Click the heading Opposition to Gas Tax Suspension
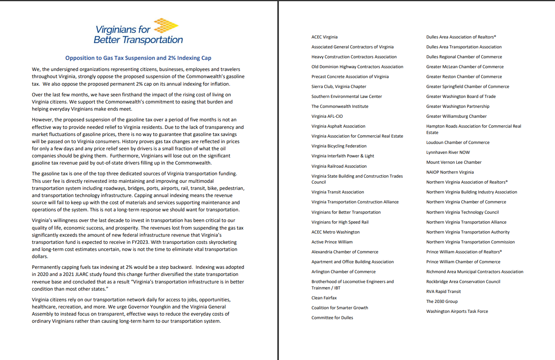[x=138, y=58]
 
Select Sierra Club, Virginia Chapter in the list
[x=338, y=86]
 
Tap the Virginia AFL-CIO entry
[x=327, y=116]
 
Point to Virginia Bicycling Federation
[x=339, y=146]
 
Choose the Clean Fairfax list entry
[x=324, y=298]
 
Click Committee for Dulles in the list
[x=332, y=318]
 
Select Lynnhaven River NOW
[x=447, y=152]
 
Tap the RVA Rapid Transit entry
[x=443, y=291]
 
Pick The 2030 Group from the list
[x=442, y=301]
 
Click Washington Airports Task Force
[x=457, y=311]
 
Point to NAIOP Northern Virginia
[x=450, y=172]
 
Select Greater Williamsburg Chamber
[x=456, y=116]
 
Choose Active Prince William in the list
[x=332, y=242]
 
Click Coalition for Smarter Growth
[x=340, y=308]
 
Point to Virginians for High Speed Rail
[x=340, y=222]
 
